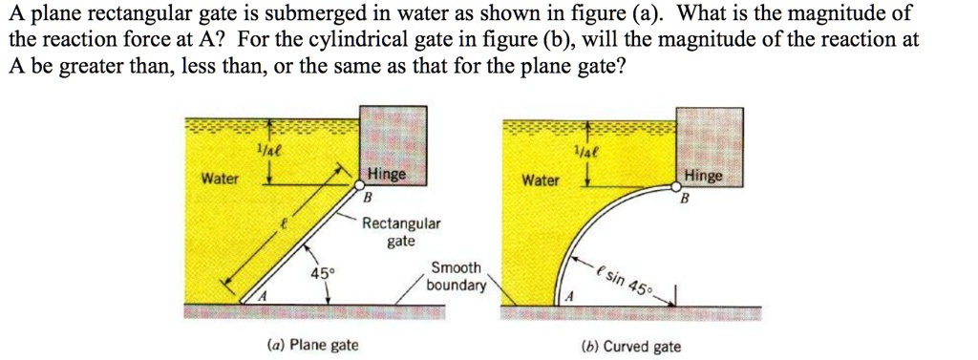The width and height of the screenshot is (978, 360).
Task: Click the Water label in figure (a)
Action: pos(220,180)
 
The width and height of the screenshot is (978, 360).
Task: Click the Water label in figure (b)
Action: pos(541,180)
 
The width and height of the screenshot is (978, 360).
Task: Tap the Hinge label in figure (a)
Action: pos(387,176)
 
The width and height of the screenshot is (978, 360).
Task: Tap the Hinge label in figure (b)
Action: pos(704,177)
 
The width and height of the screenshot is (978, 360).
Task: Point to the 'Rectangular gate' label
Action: pos(401,232)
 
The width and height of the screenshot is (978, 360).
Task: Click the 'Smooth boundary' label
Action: pos(456,276)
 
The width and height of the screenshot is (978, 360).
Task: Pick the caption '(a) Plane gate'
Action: pos(313,345)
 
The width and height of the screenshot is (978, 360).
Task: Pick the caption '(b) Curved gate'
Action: pos(637,346)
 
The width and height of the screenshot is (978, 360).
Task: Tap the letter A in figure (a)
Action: pos(259,298)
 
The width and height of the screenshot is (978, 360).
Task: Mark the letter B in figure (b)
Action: pos(684,200)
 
